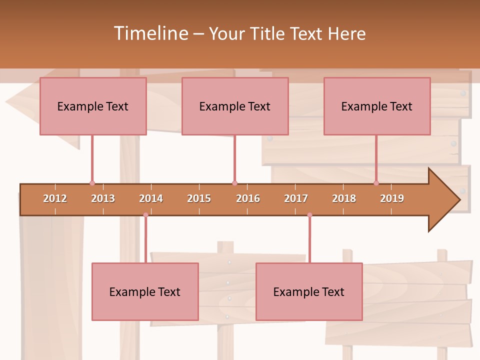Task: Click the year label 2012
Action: (x=55, y=198)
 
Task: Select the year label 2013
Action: (x=103, y=198)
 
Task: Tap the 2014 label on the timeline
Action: (x=151, y=198)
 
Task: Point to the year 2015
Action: (x=199, y=198)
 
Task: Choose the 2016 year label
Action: (x=248, y=198)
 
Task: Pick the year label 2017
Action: (x=296, y=198)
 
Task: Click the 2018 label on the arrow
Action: (x=344, y=198)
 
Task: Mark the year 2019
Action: (x=392, y=198)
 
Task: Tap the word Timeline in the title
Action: (x=150, y=33)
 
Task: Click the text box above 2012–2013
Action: (x=93, y=106)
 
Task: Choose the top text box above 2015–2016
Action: (x=235, y=106)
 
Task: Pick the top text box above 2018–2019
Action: (x=377, y=106)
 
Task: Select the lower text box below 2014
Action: (x=145, y=291)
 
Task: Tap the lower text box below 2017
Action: (x=309, y=291)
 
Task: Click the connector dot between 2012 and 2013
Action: (x=92, y=183)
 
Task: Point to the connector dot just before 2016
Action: (x=234, y=183)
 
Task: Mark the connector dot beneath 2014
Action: (x=145, y=215)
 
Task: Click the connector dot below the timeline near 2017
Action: (x=309, y=215)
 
